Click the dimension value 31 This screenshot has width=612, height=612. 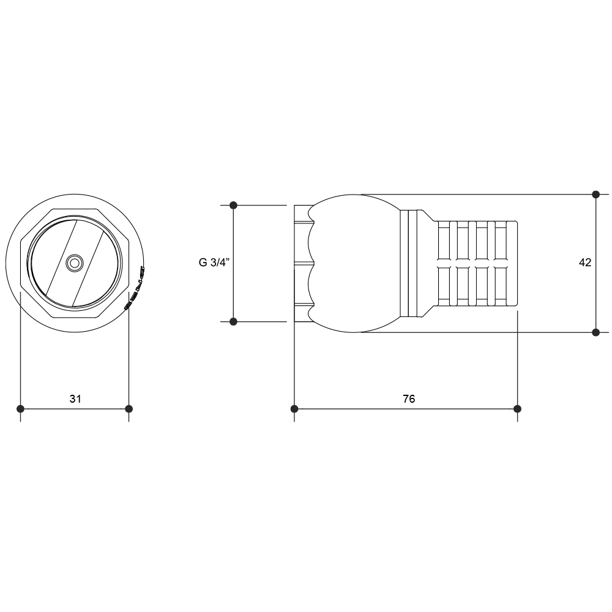(x=75, y=399)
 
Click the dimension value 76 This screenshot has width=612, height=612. (x=409, y=399)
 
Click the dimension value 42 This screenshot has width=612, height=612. (x=585, y=263)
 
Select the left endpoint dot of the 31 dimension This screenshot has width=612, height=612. (x=21, y=409)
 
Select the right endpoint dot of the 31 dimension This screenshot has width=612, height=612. (x=129, y=409)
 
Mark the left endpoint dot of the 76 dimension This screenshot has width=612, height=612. (x=294, y=409)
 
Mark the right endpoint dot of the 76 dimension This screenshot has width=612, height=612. (x=517, y=409)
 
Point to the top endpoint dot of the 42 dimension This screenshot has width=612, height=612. (x=595, y=195)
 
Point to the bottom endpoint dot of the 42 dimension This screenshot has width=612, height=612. (x=595, y=332)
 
